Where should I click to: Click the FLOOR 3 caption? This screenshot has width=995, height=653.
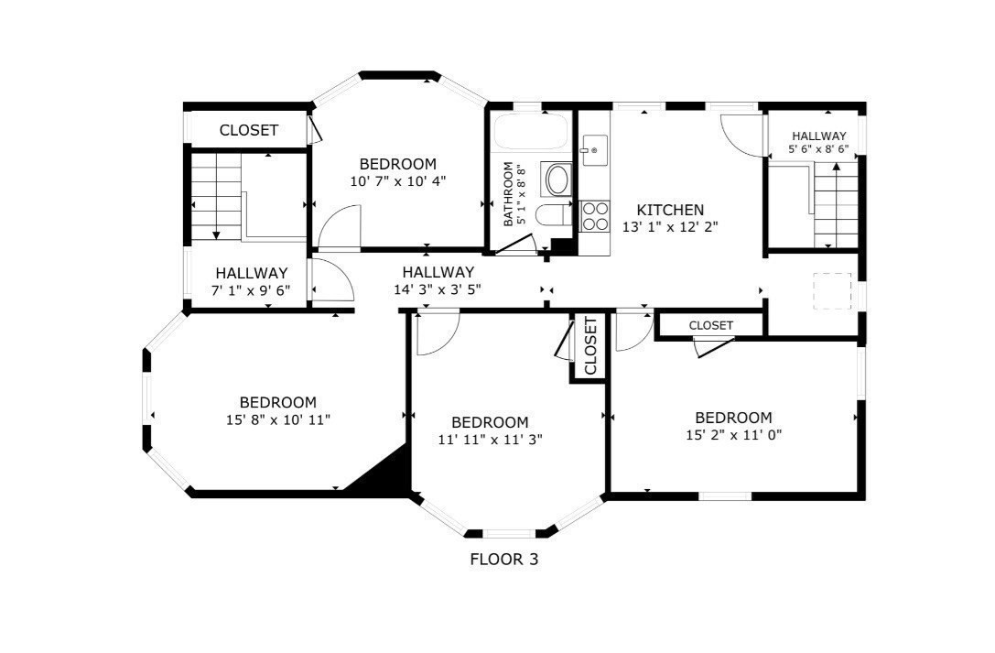coord(503,559)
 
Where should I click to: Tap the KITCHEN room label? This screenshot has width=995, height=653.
coord(670,210)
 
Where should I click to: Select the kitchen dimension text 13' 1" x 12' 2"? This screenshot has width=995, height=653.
coord(670,227)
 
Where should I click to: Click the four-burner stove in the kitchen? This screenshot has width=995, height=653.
coord(595,216)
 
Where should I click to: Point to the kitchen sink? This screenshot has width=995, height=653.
coord(595,150)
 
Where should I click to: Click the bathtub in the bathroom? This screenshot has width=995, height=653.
coord(531,131)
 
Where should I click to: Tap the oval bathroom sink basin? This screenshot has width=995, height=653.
coord(557,180)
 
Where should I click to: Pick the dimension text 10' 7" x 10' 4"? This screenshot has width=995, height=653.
coord(398,181)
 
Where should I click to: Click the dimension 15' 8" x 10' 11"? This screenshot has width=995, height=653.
coord(278,420)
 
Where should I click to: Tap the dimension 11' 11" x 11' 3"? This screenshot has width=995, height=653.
coord(490,439)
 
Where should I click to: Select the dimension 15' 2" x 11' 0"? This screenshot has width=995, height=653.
coord(733,435)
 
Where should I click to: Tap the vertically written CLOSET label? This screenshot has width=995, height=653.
coord(590,346)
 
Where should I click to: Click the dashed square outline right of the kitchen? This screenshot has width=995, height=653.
coord(832,291)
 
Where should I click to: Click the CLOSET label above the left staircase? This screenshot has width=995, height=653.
coord(249,130)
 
